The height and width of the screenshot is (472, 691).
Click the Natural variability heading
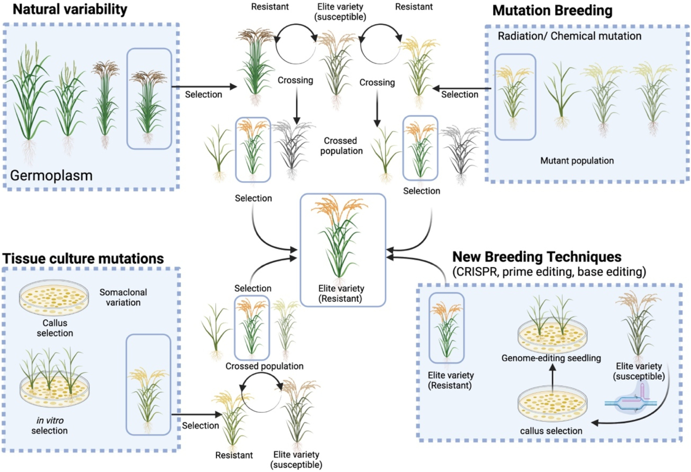point(70,9)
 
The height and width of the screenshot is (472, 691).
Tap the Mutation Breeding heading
point(552,11)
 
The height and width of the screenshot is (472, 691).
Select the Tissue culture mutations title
point(83,259)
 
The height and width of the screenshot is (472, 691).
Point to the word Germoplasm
point(51,175)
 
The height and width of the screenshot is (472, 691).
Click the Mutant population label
point(577,161)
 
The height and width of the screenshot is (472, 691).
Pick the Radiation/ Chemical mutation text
point(569,36)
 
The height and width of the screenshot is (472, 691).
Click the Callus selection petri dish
point(54,297)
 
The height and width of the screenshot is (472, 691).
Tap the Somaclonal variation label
point(123,297)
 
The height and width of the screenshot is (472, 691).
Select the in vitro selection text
point(50,425)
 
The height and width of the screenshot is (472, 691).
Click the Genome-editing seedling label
point(551,358)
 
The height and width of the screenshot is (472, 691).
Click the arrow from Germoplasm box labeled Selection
point(204,87)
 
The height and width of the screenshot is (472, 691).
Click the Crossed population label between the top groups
point(341,146)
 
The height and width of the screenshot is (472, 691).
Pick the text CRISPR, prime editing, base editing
point(549,272)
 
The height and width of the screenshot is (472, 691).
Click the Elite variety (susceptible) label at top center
point(340,12)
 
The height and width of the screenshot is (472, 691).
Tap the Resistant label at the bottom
point(234,455)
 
